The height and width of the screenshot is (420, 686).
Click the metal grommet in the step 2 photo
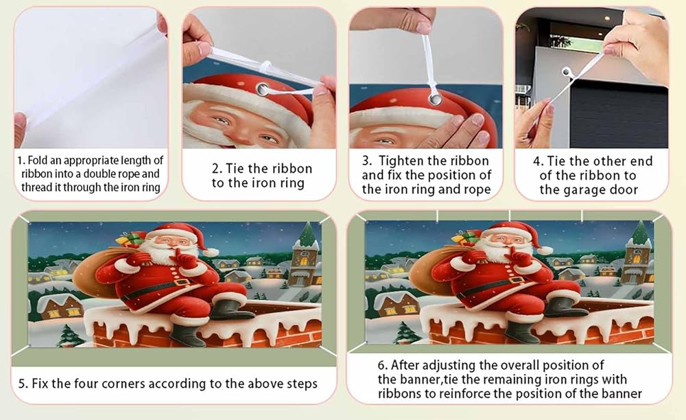[x=263, y=90]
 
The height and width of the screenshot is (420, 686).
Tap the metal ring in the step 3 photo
[x=436, y=98]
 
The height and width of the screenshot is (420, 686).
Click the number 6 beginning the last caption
[x=381, y=365]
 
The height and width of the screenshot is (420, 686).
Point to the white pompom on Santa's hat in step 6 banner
[x=545, y=250]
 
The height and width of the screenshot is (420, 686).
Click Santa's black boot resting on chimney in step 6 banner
[x=565, y=308]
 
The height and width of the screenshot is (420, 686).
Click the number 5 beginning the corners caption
[x=21, y=384]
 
